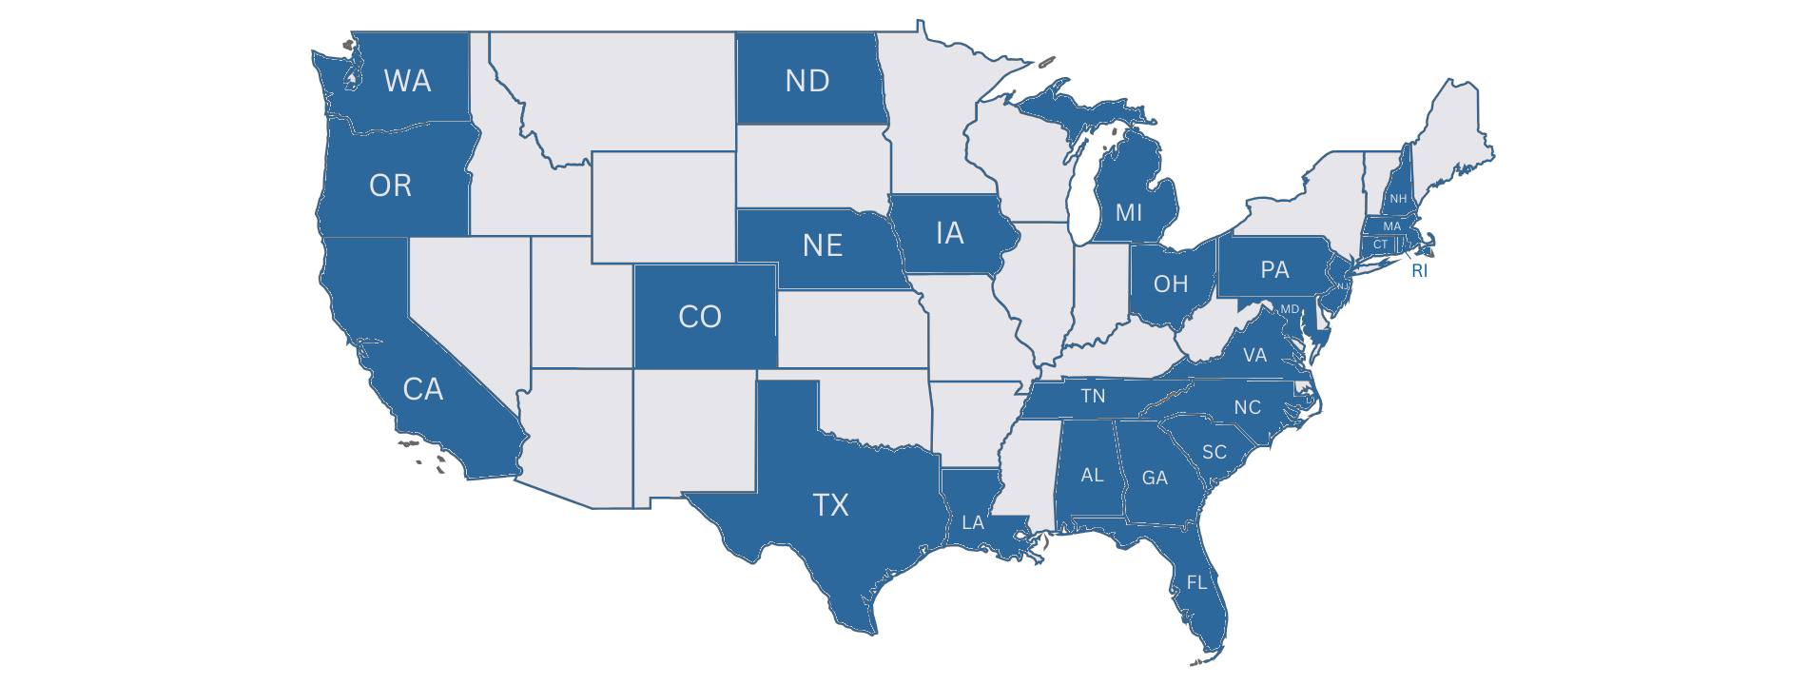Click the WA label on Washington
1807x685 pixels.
407,81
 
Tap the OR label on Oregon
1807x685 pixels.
390,186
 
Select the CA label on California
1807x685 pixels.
422,389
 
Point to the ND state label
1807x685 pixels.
806,81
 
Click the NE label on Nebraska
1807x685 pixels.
822,246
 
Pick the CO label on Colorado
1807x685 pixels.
699,317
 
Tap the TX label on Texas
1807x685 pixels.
830,504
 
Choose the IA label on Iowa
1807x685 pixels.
949,233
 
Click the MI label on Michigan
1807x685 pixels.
1128,213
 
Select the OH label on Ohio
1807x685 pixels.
1170,284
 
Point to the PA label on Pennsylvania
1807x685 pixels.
1274,270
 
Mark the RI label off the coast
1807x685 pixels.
1419,271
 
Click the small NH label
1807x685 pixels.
1397,199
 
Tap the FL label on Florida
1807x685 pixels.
1196,582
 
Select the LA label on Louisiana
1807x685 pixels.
972,522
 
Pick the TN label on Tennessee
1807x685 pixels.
1093,396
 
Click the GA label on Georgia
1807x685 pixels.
1155,478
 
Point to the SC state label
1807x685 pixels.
1214,452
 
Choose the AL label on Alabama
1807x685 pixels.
1092,475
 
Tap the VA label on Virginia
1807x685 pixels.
1254,356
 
